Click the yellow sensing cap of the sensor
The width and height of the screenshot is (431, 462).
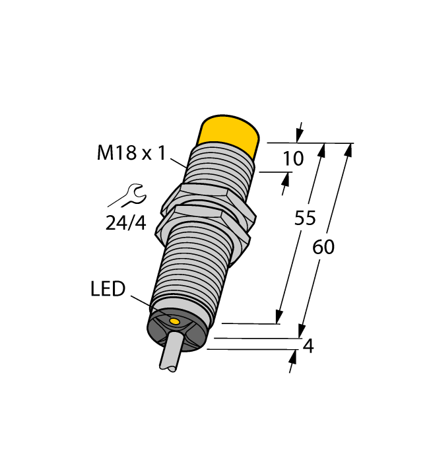tap(228, 135)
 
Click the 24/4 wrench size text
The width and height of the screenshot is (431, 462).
tap(125, 223)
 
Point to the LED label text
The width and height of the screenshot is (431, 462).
tap(108, 289)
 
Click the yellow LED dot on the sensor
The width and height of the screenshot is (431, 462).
tap(175, 321)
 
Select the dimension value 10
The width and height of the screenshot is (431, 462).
tap(292, 159)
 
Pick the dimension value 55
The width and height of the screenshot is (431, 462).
tap(305, 219)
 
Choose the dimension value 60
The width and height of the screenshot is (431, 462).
tap(323, 247)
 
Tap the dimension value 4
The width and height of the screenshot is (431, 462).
tap(308, 346)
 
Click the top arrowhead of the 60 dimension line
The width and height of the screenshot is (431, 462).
tap(348, 150)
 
